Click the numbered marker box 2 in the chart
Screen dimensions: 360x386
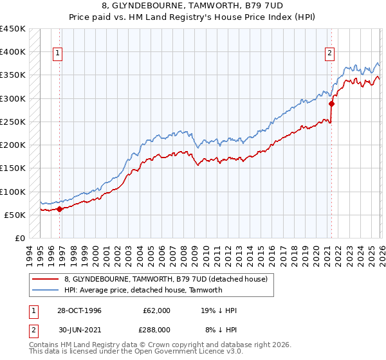click(x=329, y=54)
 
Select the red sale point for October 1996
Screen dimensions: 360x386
click(x=60, y=209)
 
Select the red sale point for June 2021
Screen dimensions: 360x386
click(x=332, y=104)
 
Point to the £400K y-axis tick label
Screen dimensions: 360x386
click(x=13, y=52)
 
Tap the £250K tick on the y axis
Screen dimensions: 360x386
click(x=13, y=122)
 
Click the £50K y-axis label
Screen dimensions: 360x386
click(x=15, y=215)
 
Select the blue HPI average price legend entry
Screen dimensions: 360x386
click(x=143, y=290)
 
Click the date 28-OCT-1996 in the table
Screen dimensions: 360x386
click(x=79, y=310)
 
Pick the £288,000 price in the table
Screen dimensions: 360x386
click(x=157, y=330)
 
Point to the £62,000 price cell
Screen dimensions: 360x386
click(x=157, y=310)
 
